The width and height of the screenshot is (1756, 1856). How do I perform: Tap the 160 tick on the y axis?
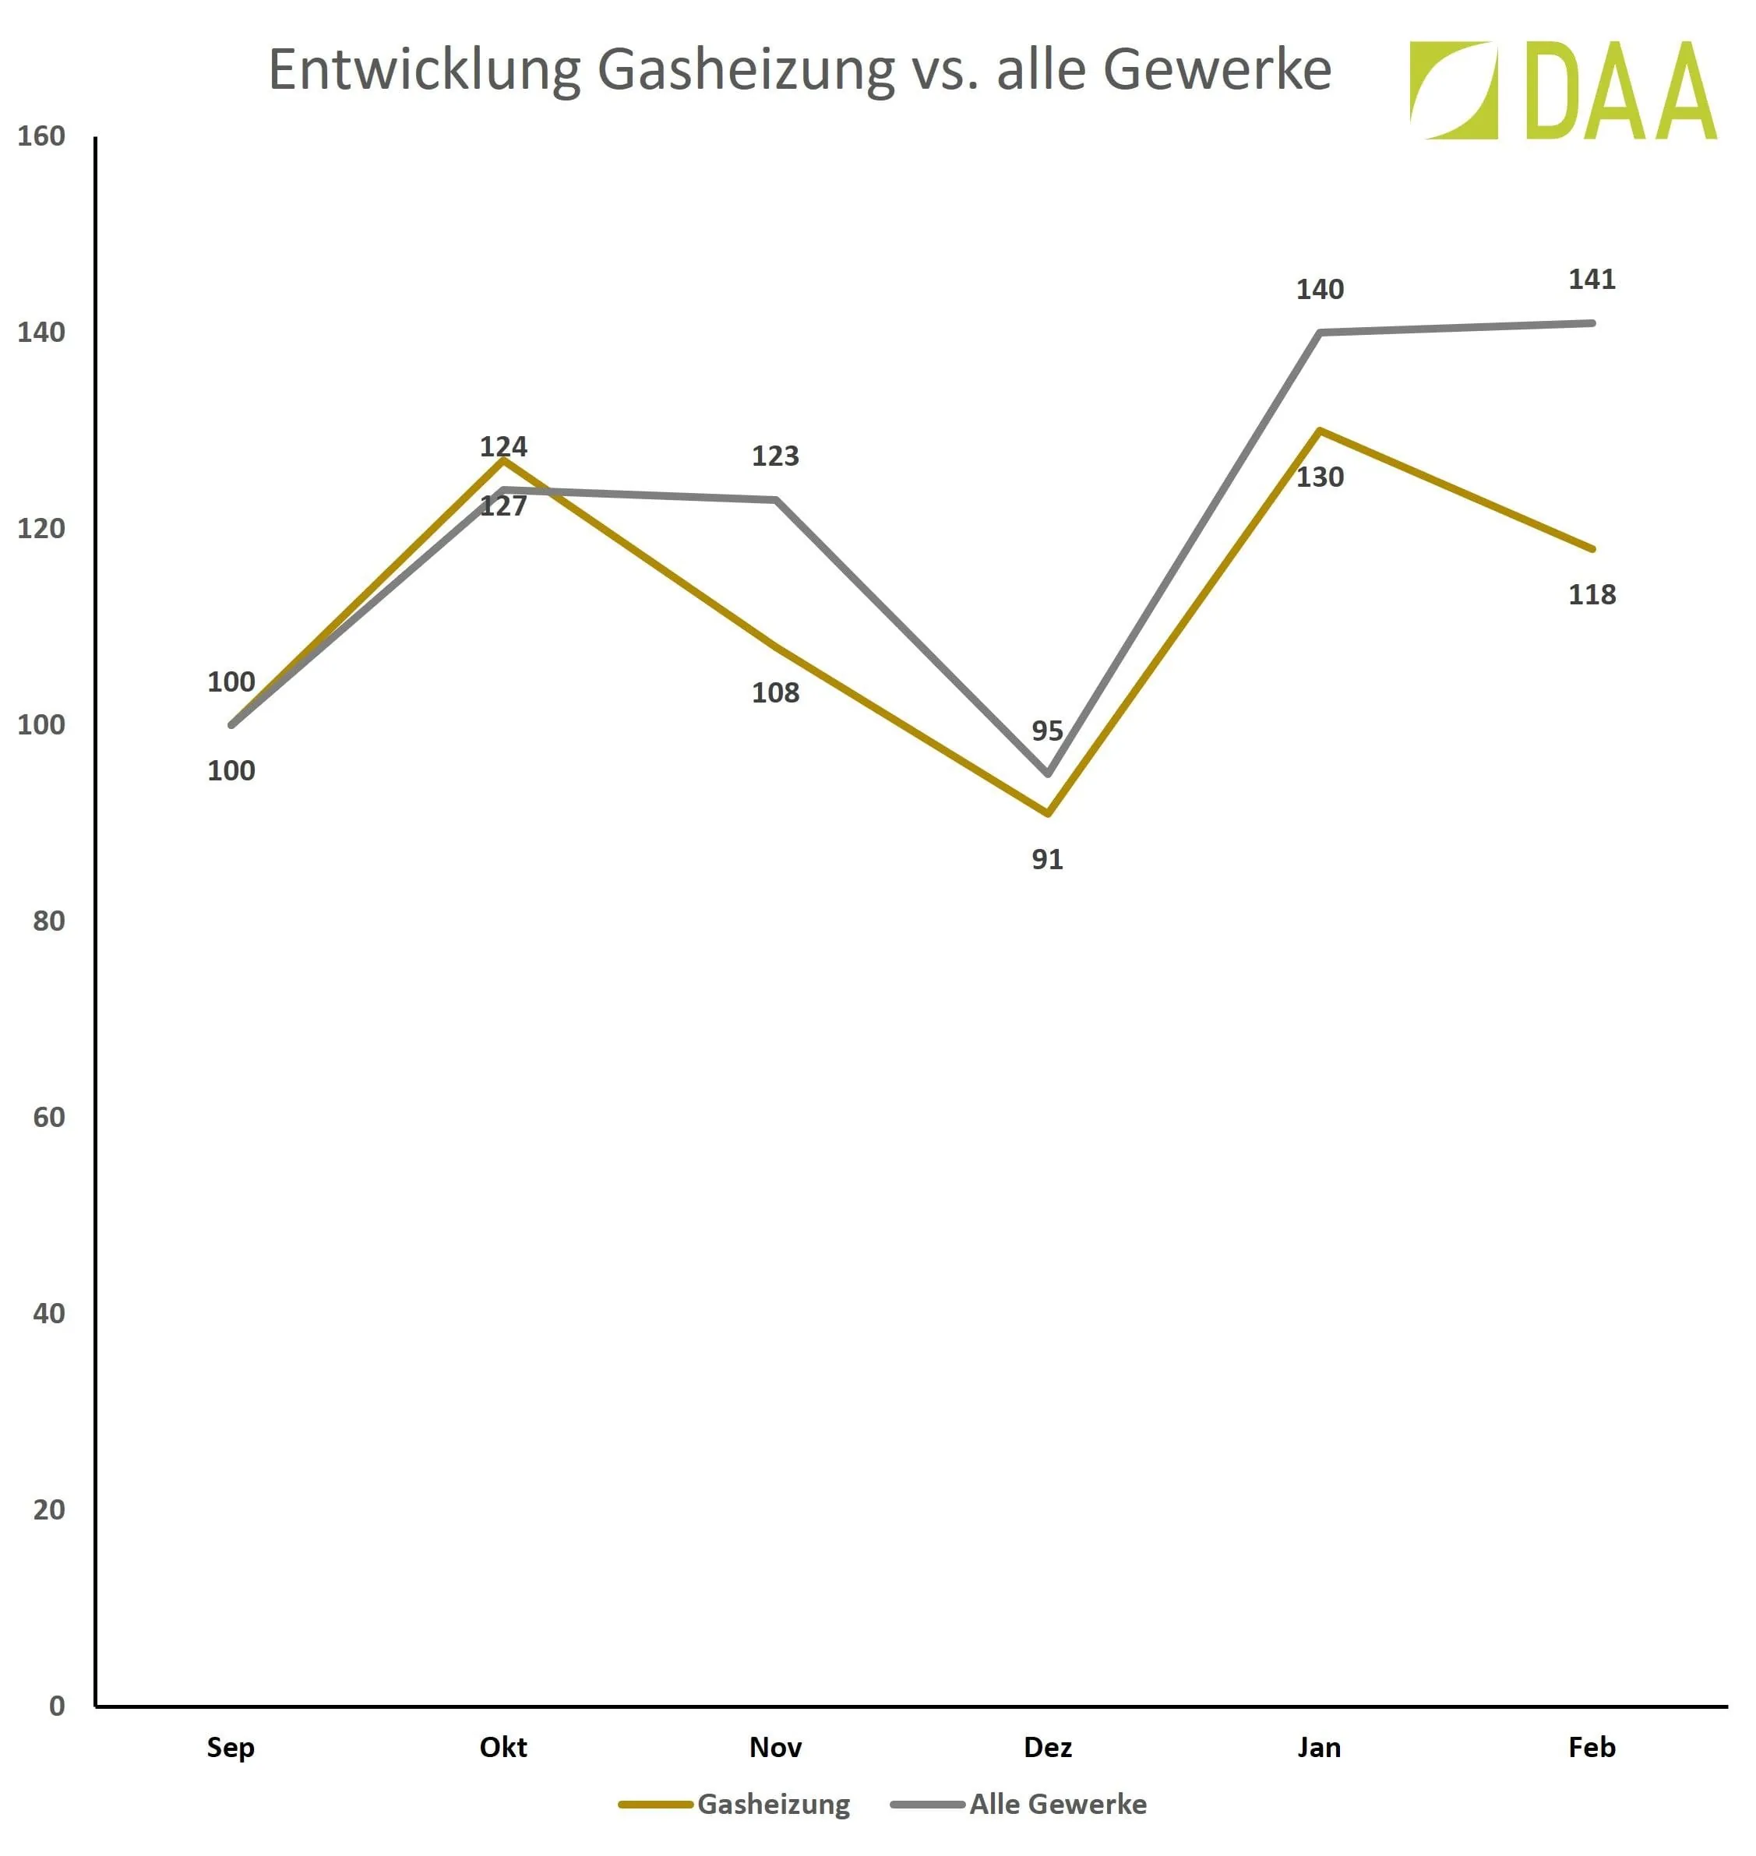[x=41, y=136]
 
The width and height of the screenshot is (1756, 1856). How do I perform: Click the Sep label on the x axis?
[x=231, y=1748]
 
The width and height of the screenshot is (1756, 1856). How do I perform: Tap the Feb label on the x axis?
[x=1592, y=1748]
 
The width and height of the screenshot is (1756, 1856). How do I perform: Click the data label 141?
[x=1592, y=279]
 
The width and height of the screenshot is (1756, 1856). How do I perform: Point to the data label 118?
[x=1592, y=594]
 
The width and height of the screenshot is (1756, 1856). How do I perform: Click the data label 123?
[x=775, y=456]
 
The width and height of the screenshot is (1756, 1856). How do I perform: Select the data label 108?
[x=775, y=692]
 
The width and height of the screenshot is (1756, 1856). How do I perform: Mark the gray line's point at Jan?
[x=1320, y=333]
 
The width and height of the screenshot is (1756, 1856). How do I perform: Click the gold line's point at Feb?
[x=1592, y=548]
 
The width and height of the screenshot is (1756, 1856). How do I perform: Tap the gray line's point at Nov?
[x=776, y=500]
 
